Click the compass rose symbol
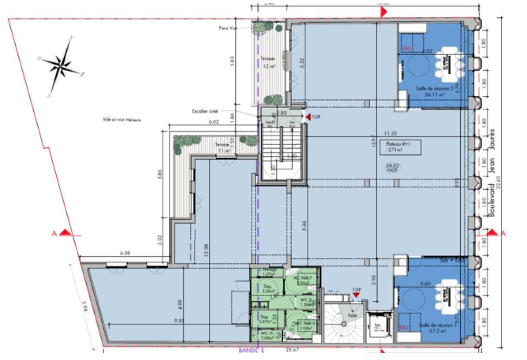pyautogui.click(x=62, y=65)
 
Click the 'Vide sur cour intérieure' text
pyautogui.click(x=122, y=120)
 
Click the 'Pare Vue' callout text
pyautogui.click(x=226, y=28)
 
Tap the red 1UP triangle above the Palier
pyautogui.click(x=356, y=294)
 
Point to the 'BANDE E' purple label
pyautogui.click(x=251, y=351)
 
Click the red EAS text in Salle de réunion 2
pyautogui.click(x=406, y=49)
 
